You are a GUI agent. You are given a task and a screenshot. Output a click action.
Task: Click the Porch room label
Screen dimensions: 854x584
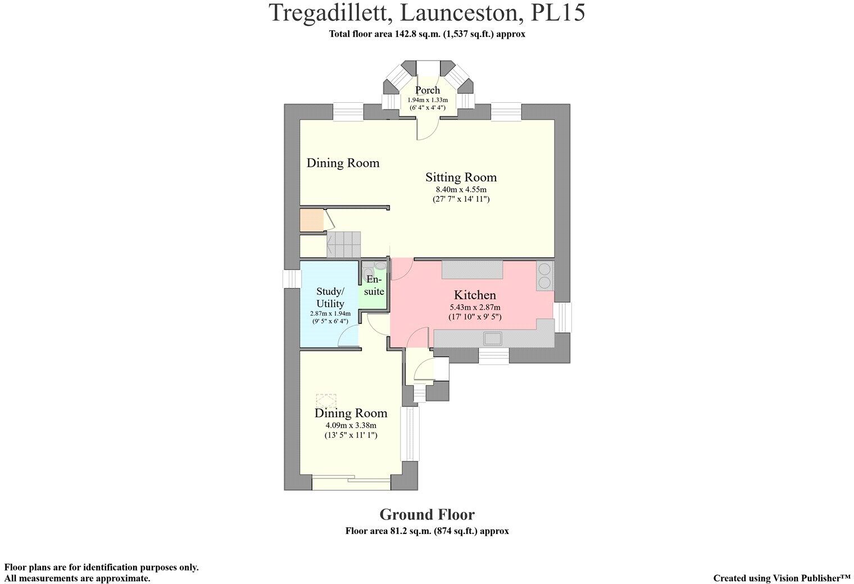click(x=428, y=90)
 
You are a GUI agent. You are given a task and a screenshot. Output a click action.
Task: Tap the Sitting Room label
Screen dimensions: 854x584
click(x=461, y=177)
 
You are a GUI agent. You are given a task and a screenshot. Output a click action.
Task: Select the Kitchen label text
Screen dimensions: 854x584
click(x=475, y=295)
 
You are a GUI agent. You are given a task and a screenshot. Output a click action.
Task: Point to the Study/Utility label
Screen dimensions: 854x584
click(x=330, y=298)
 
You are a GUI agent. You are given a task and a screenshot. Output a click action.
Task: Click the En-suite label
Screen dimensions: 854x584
click(x=374, y=285)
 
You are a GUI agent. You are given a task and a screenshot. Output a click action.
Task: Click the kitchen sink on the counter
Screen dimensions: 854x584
click(x=493, y=338)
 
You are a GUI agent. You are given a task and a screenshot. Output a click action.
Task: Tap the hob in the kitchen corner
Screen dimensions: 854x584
click(x=545, y=275)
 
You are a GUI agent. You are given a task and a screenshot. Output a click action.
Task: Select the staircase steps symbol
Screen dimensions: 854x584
click(x=343, y=245)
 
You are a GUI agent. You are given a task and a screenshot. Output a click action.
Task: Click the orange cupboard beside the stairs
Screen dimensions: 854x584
click(x=312, y=220)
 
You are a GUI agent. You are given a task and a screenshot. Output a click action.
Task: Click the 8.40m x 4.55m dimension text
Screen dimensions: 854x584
click(x=461, y=189)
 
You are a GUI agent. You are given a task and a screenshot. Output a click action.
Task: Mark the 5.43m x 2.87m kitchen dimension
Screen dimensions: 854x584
click(x=475, y=307)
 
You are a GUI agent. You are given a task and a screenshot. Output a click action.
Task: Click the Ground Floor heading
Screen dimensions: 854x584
click(x=427, y=514)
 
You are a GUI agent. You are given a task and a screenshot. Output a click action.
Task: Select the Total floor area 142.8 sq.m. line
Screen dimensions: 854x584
click(x=427, y=34)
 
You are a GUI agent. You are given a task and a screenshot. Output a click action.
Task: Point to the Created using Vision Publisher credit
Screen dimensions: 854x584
click(x=782, y=578)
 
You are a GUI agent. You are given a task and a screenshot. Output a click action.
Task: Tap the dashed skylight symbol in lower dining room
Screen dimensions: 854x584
click(x=326, y=401)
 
